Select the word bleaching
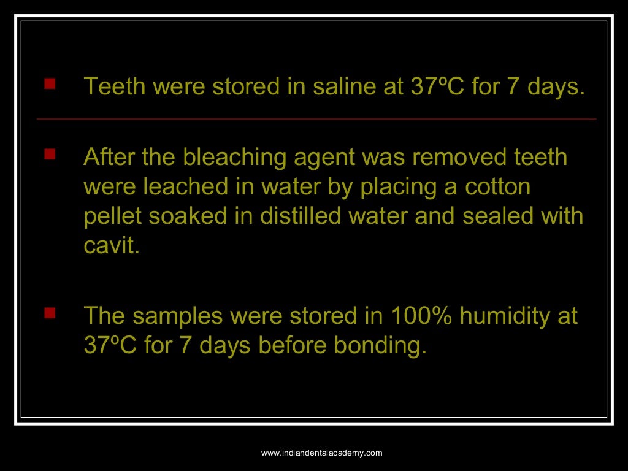pyautogui.click(x=229, y=158)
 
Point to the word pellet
pyautogui.click(x=109, y=216)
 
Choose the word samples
pyautogui.click(x=177, y=316)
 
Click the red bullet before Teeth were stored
pyautogui.click(x=50, y=82)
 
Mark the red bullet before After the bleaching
pyautogui.click(x=50, y=153)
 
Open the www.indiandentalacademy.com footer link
pyautogui.click(x=322, y=453)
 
